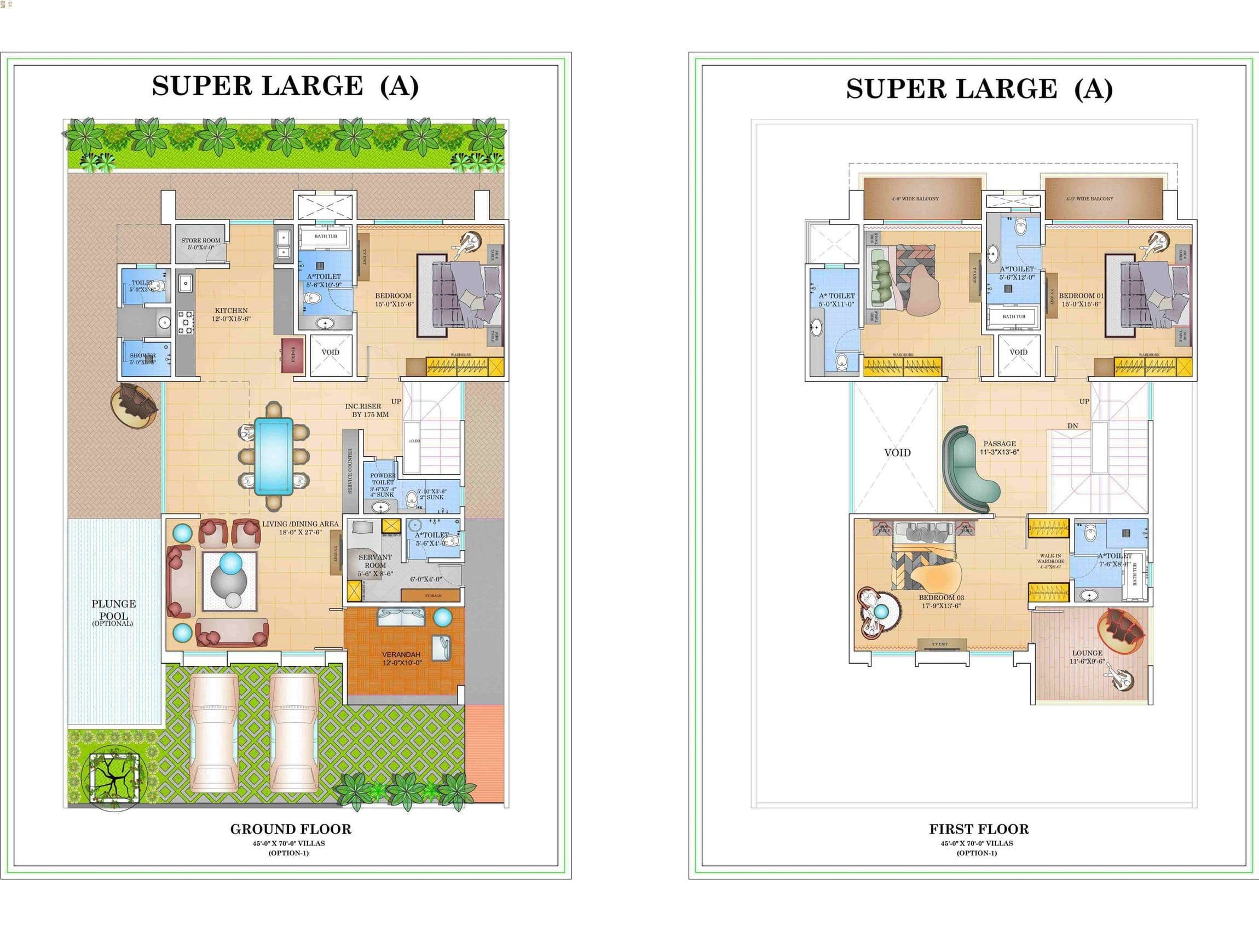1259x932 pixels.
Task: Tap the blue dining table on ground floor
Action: click(274, 456)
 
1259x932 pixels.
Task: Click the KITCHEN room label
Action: click(231, 314)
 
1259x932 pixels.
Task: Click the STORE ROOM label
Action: click(201, 243)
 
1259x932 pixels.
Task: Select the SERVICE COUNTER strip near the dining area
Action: click(351, 471)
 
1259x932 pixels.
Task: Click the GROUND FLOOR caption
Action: click(290, 829)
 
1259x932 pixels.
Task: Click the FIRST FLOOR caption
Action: click(979, 829)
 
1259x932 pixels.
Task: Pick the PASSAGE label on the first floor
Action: click(999, 447)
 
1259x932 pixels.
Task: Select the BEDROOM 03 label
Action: click(941, 601)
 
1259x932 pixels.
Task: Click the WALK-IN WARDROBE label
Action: click(1050, 561)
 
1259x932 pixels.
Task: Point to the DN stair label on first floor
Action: click(1072, 426)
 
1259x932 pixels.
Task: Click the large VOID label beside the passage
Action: click(897, 452)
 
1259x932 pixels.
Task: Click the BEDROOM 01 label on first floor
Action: click(1081, 299)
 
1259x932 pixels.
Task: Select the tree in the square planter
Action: click(114, 779)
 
